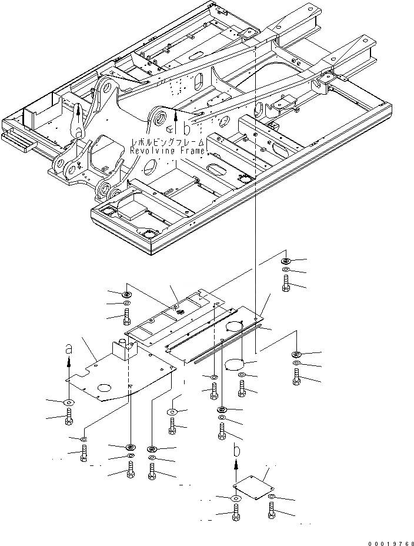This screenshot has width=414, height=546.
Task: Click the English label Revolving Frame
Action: [x=168, y=151]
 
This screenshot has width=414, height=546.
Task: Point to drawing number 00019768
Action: [x=388, y=541]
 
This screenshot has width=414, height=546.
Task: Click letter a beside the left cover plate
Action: [x=68, y=348]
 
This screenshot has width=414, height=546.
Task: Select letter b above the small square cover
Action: [x=236, y=450]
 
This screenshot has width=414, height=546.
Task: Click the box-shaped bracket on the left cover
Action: [x=124, y=351]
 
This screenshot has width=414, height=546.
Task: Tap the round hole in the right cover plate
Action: [x=238, y=327]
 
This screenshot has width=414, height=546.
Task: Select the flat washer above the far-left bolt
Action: [x=69, y=402]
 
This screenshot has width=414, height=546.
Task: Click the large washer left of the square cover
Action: [x=235, y=500]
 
